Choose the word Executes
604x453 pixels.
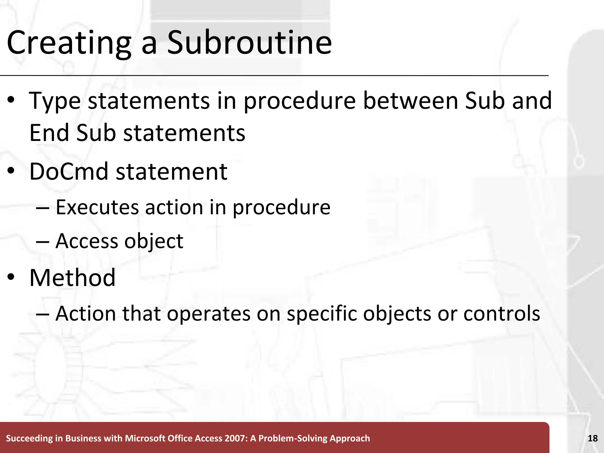97,207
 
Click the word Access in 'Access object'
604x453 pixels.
87,241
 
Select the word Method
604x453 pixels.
73,278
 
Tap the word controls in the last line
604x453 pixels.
502,314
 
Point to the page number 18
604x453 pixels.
592,438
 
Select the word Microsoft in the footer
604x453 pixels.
145,439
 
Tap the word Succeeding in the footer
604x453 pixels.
29,439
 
